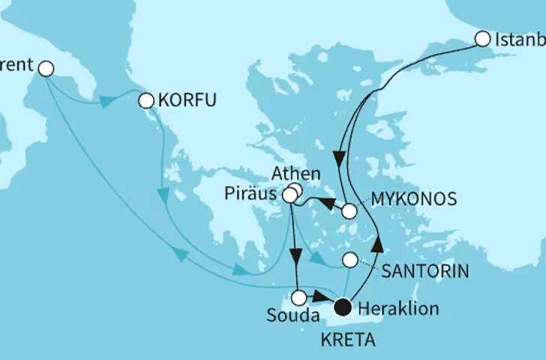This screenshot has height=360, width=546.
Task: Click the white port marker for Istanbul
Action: click(x=483, y=38)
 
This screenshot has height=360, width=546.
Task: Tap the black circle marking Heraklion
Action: click(x=343, y=306)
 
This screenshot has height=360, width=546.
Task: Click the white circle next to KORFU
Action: click(x=146, y=99)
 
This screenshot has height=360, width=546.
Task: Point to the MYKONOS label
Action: click(x=415, y=199)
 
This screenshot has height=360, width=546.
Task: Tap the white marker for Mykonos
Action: click(x=349, y=211)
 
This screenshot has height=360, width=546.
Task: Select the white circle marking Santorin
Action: click(x=349, y=260)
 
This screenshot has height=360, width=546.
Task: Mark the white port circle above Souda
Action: click(x=298, y=297)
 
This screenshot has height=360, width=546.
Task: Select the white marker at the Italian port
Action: click(x=46, y=69)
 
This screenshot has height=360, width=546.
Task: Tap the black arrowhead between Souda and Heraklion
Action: click(x=319, y=298)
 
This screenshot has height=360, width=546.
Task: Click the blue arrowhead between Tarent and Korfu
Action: click(x=106, y=100)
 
